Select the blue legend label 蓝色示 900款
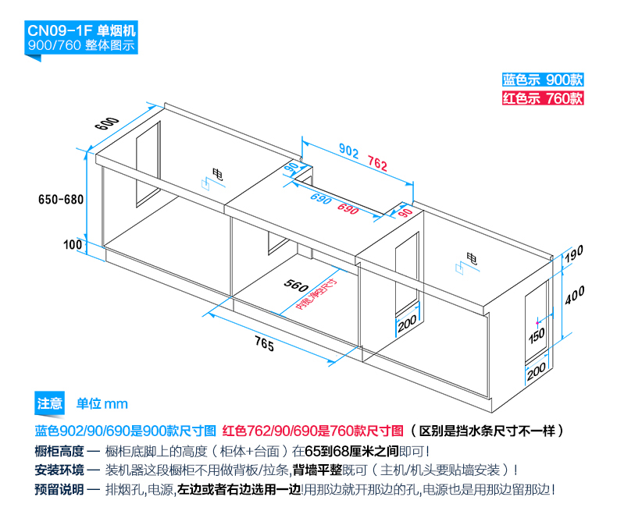543,80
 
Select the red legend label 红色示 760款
543,98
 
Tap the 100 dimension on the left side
73,244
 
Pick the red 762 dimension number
377,164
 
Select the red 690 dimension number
348,209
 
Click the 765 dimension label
263,346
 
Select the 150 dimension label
537,336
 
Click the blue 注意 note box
49,403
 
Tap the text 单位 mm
102,403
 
